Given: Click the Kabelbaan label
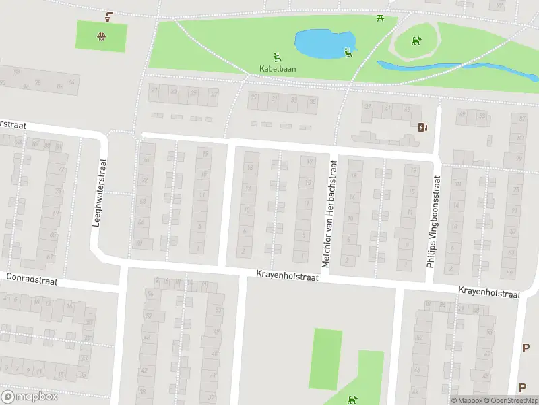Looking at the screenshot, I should click(x=278, y=68).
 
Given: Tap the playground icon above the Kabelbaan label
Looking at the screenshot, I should click(x=278, y=57).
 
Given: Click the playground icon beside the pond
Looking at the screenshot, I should click(x=348, y=52).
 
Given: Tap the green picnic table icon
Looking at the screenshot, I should click(x=381, y=18).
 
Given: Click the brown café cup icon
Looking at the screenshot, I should click(x=109, y=15).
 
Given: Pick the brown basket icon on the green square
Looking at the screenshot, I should click(x=101, y=36).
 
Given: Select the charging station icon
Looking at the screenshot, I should click(x=422, y=126).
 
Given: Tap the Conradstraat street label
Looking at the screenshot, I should click(x=32, y=278).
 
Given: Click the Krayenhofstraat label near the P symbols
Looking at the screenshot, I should click(x=490, y=294).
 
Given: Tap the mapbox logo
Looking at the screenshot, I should click(x=29, y=396).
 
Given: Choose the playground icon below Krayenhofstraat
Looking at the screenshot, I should click(x=351, y=400).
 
